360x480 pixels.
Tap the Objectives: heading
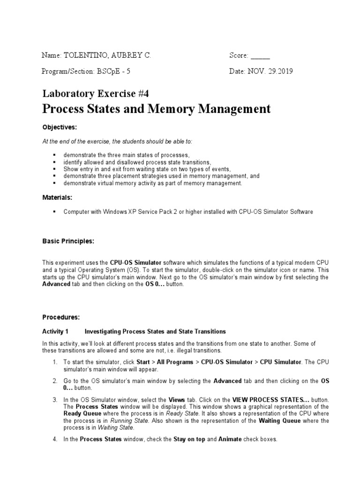tap(60, 127)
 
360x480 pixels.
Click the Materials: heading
tap(58, 198)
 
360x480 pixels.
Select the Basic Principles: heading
tap(68, 241)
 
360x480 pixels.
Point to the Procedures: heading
tap(61, 317)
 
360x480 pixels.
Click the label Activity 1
tap(56, 332)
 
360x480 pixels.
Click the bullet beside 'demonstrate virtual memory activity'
tap(54, 183)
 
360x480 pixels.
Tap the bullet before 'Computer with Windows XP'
tap(54, 212)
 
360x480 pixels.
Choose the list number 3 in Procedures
tap(55, 399)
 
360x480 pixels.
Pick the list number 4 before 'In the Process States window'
tap(55, 439)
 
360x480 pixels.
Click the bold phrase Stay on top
tap(189, 439)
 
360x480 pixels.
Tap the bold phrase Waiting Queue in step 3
tap(281, 420)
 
